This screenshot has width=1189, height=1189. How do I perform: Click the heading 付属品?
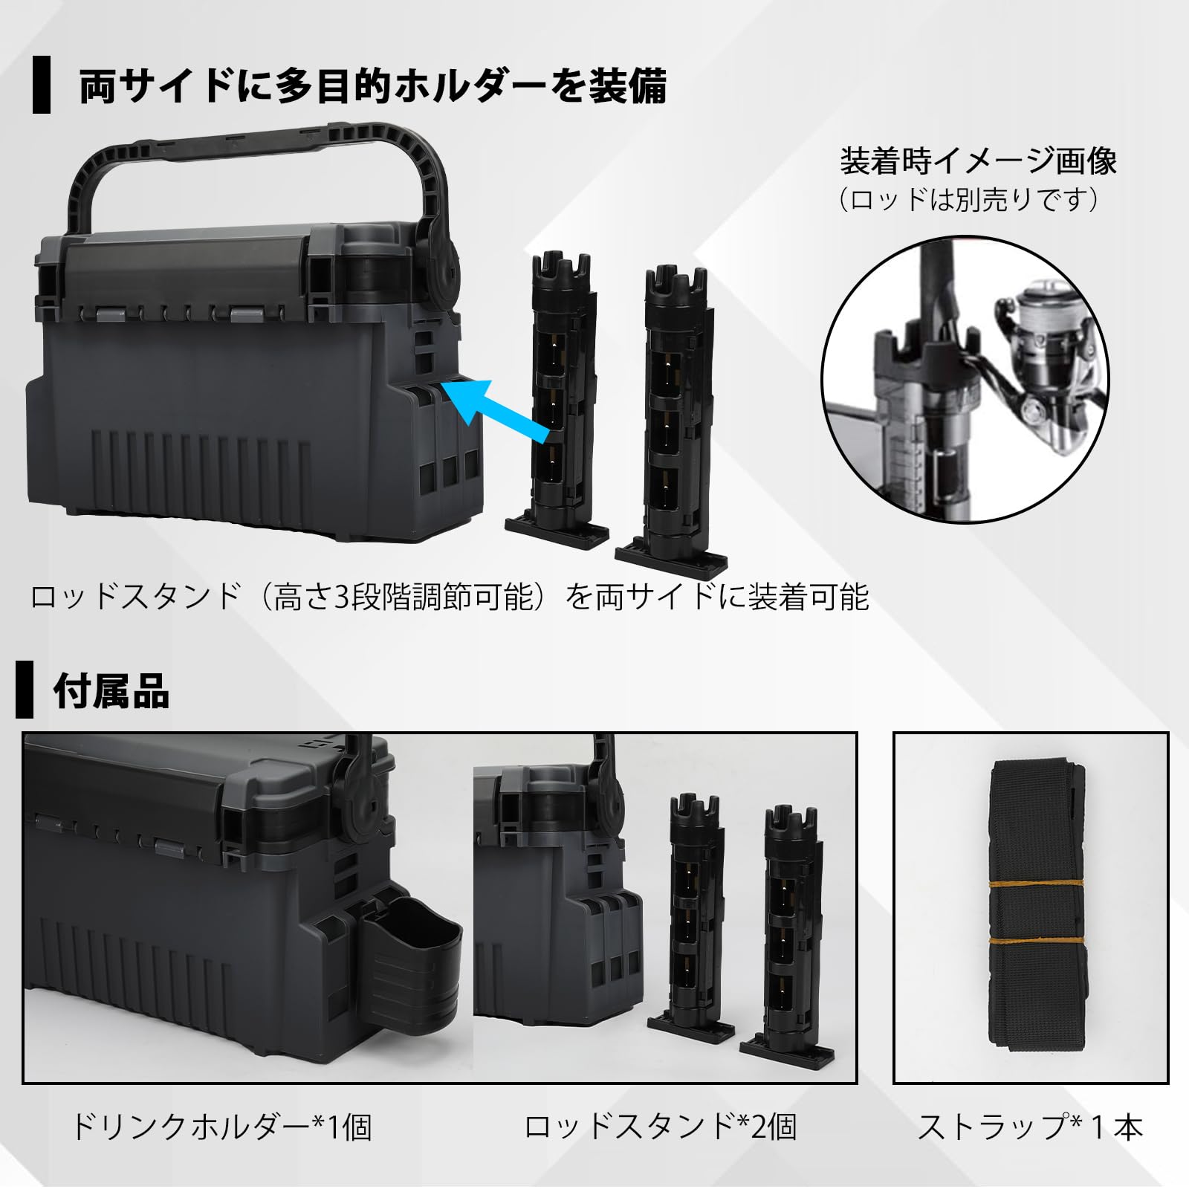click(x=111, y=691)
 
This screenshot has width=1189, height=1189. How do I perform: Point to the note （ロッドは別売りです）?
click(x=969, y=200)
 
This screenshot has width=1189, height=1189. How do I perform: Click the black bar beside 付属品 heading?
click(x=25, y=689)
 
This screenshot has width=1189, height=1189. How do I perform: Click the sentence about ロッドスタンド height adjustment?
click(x=450, y=597)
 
